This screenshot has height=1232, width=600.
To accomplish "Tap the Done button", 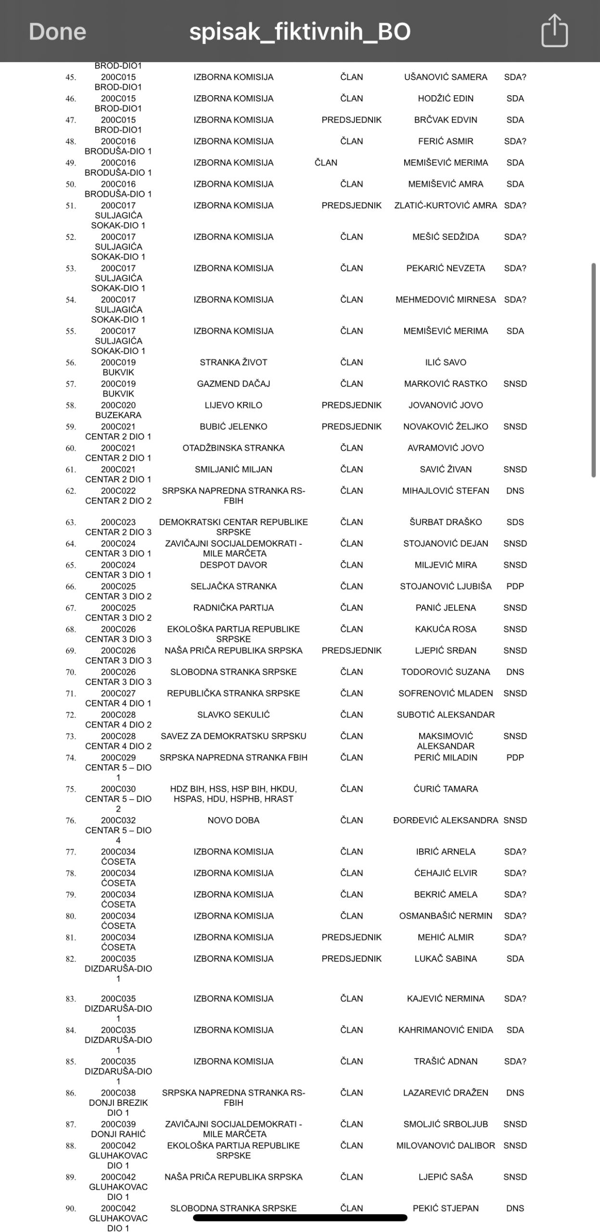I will tap(57, 32).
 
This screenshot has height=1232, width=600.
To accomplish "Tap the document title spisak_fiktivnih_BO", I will tap(300, 32).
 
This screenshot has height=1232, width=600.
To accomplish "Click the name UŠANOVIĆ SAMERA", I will tap(446, 77).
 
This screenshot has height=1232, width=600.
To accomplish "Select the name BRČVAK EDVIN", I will tap(446, 120).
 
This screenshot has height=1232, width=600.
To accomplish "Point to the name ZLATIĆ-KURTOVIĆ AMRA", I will tap(446, 205).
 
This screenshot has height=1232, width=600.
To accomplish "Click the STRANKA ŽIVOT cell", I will tap(233, 362).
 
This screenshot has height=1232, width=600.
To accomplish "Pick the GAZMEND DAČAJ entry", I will tap(233, 384).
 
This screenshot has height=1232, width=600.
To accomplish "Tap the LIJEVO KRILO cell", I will tap(233, 405).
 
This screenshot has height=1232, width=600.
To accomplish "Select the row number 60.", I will tap(71, 449).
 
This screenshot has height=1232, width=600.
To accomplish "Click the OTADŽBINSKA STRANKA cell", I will tap(233, 448).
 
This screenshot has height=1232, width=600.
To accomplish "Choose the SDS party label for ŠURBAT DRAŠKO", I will tap(515, 522).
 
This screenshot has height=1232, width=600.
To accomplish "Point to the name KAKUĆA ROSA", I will tap(446, 629).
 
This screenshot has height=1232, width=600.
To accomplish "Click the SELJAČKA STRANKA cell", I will tap(233, 586).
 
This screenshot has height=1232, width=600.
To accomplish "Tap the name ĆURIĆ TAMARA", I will tap(446, 789).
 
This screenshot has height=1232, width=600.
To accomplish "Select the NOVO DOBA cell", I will tap(233, 820).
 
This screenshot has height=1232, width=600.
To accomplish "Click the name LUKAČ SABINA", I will tap(446, 959).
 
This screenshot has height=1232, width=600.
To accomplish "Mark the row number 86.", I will tap(71, 1093).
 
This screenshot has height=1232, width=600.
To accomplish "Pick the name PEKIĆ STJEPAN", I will tap(446, 1208).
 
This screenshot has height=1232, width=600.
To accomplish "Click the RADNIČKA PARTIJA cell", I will tap(233, 608).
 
